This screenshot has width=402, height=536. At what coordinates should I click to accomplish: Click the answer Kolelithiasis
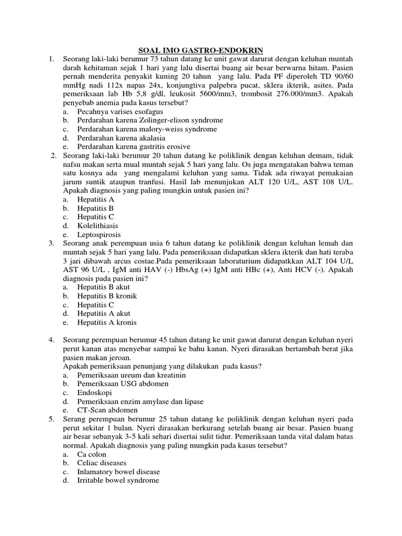(97, 226)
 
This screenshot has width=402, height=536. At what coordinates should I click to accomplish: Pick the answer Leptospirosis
(98, 234)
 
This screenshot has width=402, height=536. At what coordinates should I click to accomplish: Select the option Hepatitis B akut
(103, 287)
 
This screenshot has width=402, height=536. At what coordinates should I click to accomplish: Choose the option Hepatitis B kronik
(107, 296)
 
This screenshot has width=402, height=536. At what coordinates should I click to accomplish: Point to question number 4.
(52, 340)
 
